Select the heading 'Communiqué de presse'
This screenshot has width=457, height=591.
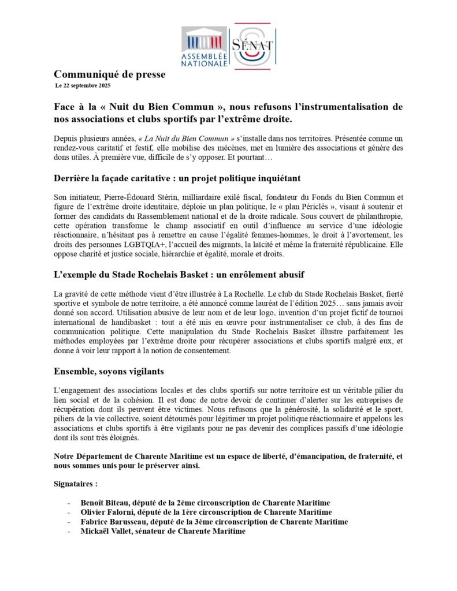(x=109, y=74)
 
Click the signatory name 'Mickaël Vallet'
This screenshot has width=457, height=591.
(x=107, y=532)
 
